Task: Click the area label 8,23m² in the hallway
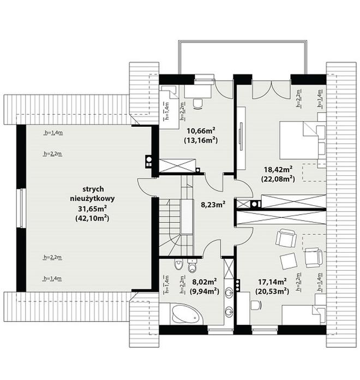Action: (213, 205)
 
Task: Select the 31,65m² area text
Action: (93, 208)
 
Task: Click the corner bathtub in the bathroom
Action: (185, 314)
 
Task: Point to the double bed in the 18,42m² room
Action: (298, 140)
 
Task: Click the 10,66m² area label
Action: (201, 131)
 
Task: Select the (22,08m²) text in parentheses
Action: (278, 179)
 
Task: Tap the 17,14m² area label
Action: (272, 282)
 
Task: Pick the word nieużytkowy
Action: (93, 199)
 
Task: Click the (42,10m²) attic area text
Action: (92, 218)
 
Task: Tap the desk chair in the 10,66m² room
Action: (198, 104)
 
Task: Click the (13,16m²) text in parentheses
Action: (201, 140)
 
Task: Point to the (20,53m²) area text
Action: (272, 291)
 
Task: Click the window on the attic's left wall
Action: (21, 208)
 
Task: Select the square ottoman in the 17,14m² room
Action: (289, 261)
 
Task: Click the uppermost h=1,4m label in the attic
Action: (53, 133)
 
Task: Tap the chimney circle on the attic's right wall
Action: (149, 159)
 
